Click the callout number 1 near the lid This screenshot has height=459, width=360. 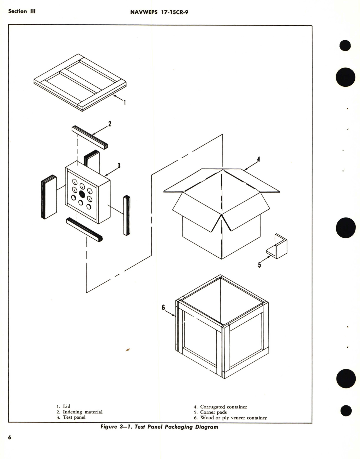pyautogui.click(x=125, y=102)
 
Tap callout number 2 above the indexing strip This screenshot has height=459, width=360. pyautogui.click(x=110, y=124)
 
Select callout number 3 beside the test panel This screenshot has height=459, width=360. pyautogui.click(x=119, y=166)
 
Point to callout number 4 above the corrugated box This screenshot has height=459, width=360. pyautogui.click(x=258, y=159)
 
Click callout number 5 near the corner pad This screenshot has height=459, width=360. pyautogui.click(x=259, y=265)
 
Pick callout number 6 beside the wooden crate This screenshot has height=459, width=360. pyautogui.click(x=163, y=308)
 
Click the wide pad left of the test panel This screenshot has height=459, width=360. pyautogui.click(x=49, y=197)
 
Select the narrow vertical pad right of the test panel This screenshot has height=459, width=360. pyautogui.click(x=127, y=215)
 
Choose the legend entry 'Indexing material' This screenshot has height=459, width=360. pyautogui.click(x=83, y=412)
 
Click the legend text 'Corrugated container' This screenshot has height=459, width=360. pyautogui.click(x=223, y=407)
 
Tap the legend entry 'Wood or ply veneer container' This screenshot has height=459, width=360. pyautogui.click(x=233, y=418)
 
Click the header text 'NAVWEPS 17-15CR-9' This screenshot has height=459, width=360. pyautogui.click(x=159, y=12)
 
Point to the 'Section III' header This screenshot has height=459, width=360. pyautogui.click(x=22, y=11)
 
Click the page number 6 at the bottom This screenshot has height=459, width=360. pyautogui.click(x=10, y=437)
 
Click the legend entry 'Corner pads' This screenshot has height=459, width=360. pyautogui.click(x=213, y=412)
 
